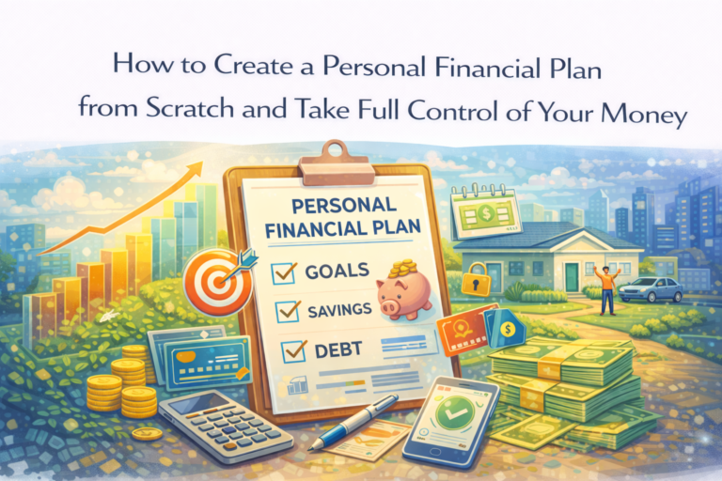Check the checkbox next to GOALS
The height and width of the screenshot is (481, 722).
[x=283, y=273]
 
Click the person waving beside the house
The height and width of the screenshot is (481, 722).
[x=606, y=287]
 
